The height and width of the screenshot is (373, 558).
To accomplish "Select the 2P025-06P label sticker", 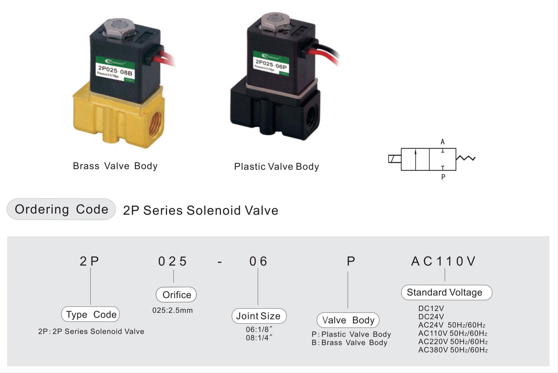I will click(271, 64).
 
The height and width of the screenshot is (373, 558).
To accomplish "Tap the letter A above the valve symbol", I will click(442, 142).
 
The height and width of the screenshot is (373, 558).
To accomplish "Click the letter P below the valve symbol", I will click(443, 177).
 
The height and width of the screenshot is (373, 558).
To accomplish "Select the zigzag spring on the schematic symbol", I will click(466, 158).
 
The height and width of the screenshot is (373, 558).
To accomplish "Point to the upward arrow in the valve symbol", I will click(415, 159).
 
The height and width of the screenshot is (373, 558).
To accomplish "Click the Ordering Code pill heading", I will click(61, 209).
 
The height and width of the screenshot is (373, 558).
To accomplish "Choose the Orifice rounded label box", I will click(176, 295).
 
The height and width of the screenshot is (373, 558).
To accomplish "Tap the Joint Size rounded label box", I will click(259, 316).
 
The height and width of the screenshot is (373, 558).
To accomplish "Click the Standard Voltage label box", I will click(446, 292).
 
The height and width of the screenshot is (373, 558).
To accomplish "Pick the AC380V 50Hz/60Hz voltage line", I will click(453, 350).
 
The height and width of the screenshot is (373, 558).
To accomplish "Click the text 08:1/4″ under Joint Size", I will click(259, 338).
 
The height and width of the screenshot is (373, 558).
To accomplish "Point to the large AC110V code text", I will click(443, 261).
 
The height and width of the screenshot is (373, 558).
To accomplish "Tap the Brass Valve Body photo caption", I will click(115, 166).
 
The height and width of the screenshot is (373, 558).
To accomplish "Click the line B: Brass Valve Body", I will click(349, 343).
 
